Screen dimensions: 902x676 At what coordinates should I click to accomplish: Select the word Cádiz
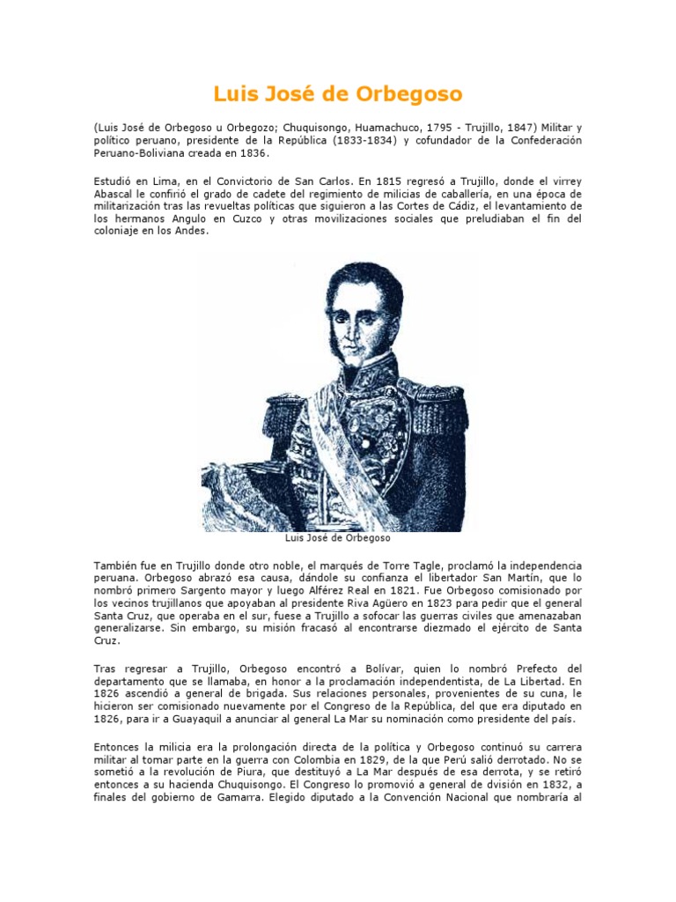[457, 207]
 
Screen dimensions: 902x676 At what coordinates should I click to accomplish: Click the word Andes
[193, 233]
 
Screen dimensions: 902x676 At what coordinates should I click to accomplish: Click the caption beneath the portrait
[338, 536]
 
